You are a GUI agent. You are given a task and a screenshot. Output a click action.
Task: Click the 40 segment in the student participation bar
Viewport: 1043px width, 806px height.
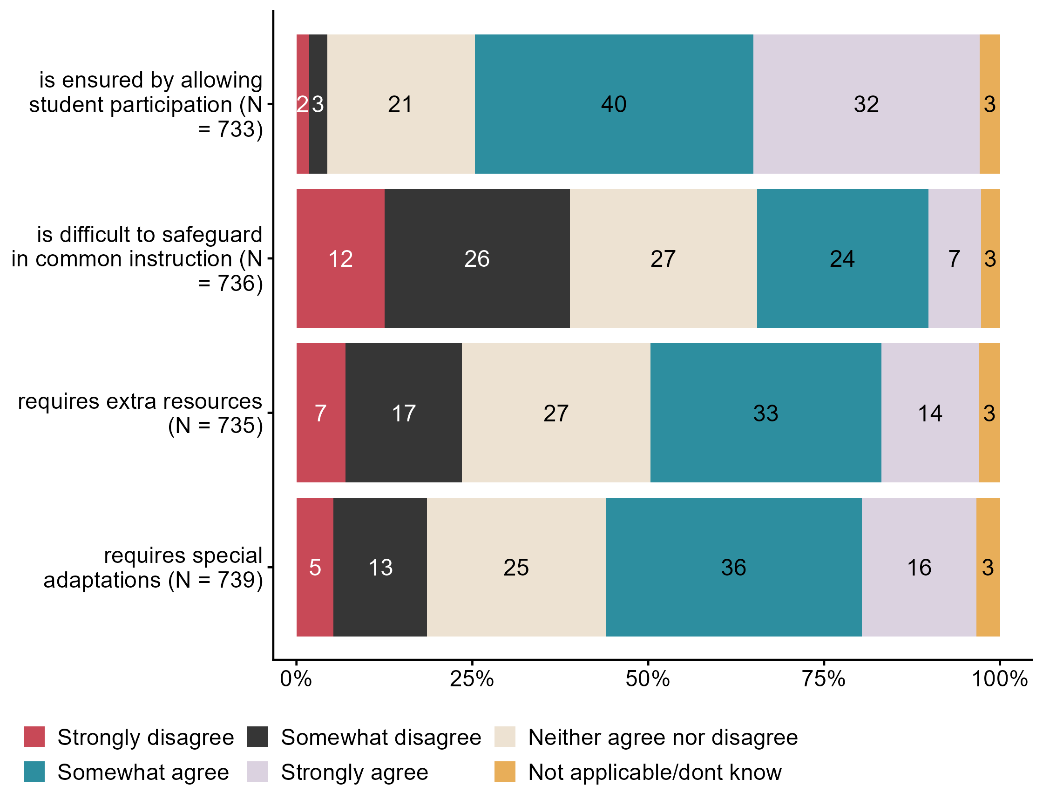(614, 104)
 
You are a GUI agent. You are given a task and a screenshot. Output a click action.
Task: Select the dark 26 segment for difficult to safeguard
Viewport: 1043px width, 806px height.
(477, 258)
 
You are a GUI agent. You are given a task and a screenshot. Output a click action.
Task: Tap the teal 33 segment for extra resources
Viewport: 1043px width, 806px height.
(765, 413)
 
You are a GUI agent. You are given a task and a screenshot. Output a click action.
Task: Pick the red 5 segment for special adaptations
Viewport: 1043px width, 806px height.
(315, 567)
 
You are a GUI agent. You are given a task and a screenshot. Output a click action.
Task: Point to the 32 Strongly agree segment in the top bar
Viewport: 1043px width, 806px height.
(866, 104)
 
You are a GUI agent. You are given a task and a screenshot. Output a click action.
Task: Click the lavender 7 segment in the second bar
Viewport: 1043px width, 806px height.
(954, 258)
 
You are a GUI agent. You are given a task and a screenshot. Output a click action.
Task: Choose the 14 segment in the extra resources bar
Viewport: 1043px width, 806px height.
(929, 413)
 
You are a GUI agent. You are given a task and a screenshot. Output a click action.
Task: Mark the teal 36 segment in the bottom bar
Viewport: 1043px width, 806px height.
(733, 567)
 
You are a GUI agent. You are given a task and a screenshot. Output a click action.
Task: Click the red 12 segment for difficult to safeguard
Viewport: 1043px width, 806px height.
(340, 258)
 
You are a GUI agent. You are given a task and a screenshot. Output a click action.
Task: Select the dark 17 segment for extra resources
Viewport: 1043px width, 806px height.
(404, 413)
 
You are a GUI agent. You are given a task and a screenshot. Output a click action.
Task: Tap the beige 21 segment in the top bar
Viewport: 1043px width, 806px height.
(401, 104)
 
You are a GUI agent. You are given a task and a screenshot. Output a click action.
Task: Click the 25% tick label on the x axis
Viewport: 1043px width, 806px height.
(472, 678)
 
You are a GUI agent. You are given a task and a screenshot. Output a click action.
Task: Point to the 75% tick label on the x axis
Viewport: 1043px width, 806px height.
(824, 678)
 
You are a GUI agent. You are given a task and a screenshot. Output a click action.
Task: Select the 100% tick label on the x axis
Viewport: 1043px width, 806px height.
(1000, 678)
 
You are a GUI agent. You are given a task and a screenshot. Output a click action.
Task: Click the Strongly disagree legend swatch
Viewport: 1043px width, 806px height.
(34, 737)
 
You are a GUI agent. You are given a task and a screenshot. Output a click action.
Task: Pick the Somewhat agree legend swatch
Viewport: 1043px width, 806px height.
(34, 772)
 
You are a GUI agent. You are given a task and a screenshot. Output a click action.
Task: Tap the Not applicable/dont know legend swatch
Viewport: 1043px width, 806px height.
(505, 772)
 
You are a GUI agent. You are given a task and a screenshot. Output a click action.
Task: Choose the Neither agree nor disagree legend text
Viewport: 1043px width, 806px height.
(663, 737)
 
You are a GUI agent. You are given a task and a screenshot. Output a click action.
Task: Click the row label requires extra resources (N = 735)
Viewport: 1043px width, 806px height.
(140, 413)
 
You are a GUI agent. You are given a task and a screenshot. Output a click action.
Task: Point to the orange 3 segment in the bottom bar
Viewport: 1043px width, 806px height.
(988, 567)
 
